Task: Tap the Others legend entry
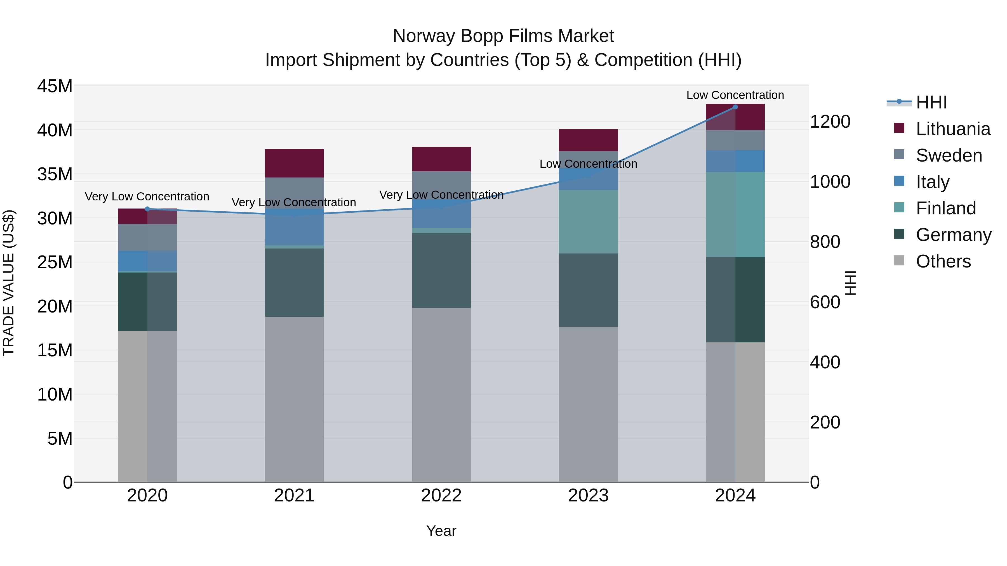click(943, 261)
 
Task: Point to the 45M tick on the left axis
click(55, 86)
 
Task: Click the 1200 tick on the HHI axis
click(830, 122)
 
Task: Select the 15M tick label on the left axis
click(55, 351)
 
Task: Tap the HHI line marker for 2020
click(147, 209)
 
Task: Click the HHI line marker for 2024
click(735, 107)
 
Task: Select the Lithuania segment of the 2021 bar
click(294, 163)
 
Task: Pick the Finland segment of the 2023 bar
click(588, 221)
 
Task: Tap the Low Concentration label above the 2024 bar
click(735, 95)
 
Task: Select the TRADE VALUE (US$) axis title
click(9, 283)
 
